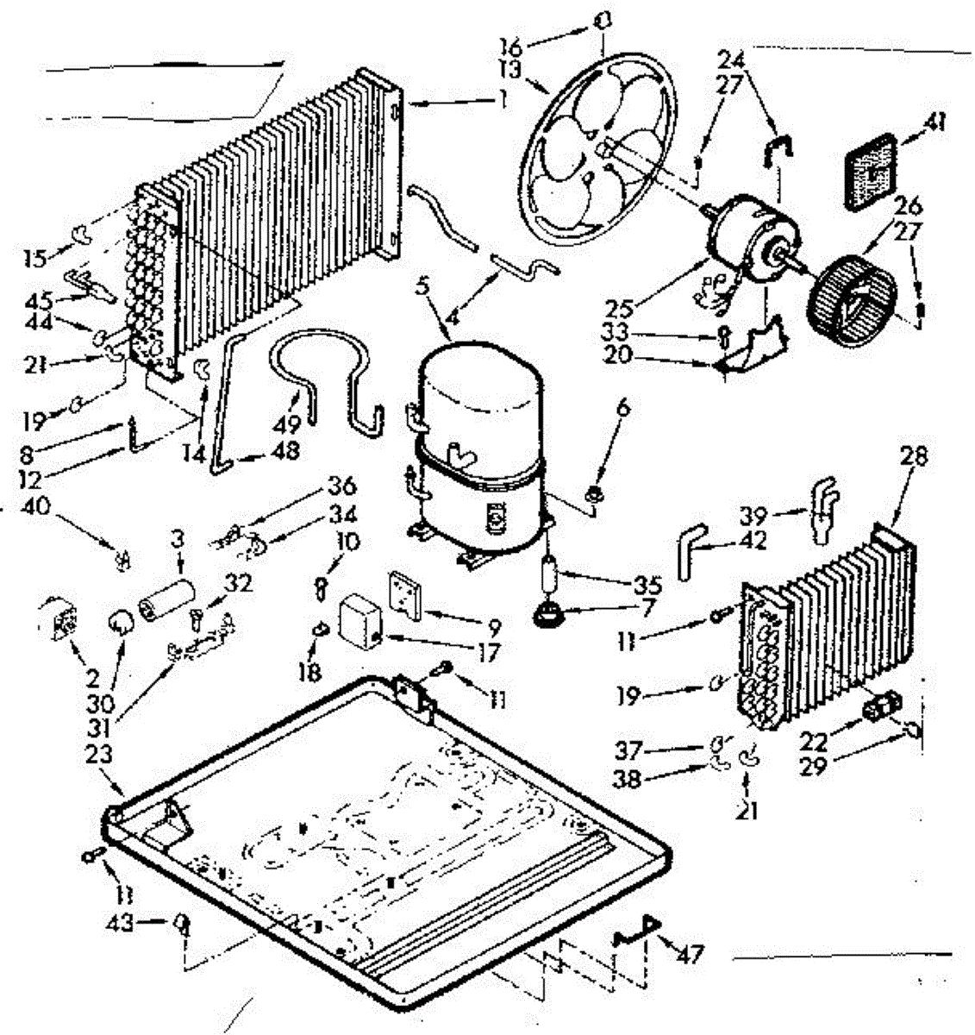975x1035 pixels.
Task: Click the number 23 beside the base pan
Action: [100, 754]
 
